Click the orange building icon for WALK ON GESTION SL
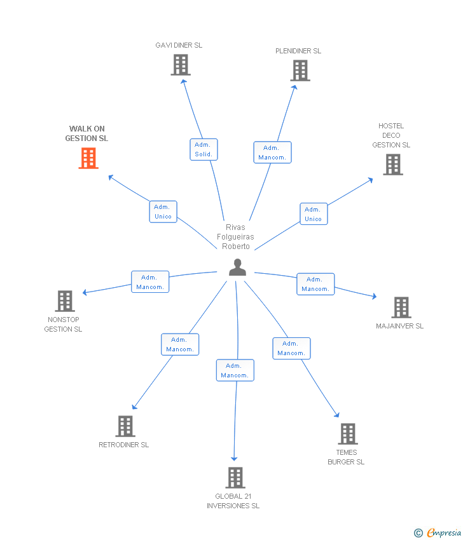click(88, 158)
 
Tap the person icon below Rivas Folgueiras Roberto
click(237, 267)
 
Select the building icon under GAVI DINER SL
click(181, 65)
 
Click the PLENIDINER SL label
click(298, 51)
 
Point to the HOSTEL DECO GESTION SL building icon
click(393, 165)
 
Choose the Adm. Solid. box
click(204, 149)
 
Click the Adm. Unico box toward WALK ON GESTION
click(163, 212)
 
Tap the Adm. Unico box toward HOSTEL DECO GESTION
click(314, 214)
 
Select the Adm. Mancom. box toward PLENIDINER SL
click(272, 152)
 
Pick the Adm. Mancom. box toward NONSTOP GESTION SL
click(150, 281)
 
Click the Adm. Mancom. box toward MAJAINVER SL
click(315, 284)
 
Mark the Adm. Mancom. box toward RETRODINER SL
click(180, 344)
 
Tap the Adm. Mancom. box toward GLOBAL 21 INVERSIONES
click(235, 370)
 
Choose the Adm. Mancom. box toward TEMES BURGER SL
click(292, 349)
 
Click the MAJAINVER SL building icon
click(401, 307)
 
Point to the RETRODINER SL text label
click(124, 445)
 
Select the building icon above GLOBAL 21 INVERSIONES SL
click(235, 478)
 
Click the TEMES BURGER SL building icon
click(348, 434)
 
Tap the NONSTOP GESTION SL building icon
click(65, 301)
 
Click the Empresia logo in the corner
click(438, 533)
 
